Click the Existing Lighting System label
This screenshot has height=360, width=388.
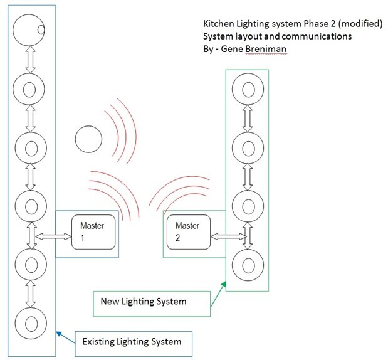(x=132, y=342)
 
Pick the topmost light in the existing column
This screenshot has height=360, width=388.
(x=29, y=29)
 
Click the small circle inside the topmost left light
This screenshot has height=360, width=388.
(x=41, y=29)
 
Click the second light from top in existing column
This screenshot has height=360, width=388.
(x=29, y=88)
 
